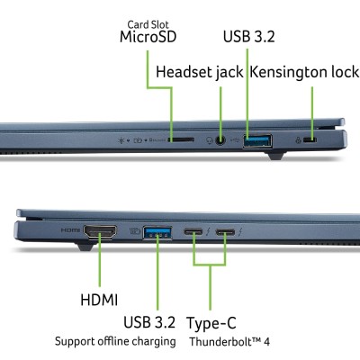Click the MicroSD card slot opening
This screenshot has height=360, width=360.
(x=181, y=140)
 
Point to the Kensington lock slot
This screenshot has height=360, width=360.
(x=311, y=139)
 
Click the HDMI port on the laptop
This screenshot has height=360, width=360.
(x=99, y=232)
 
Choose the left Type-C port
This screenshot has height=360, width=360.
(x=195, y=233)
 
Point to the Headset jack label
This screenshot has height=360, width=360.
(x=199, y=71)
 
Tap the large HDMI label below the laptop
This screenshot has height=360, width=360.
(x=99, y=298)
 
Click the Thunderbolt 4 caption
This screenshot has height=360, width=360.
(x=229, y=343)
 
